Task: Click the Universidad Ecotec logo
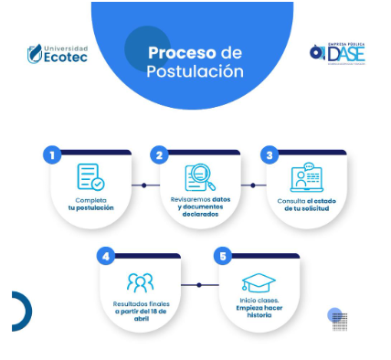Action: click(x=58, y=53)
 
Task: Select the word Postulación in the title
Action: click(x=195, y=70)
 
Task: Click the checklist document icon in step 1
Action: click(x=90, y=176)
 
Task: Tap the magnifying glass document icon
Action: click(x=199, y=176)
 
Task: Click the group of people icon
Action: click(x=141, y=281)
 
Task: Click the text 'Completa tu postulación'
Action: click(x=90, y=204)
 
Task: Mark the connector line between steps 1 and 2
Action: click(x=144, y=185)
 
